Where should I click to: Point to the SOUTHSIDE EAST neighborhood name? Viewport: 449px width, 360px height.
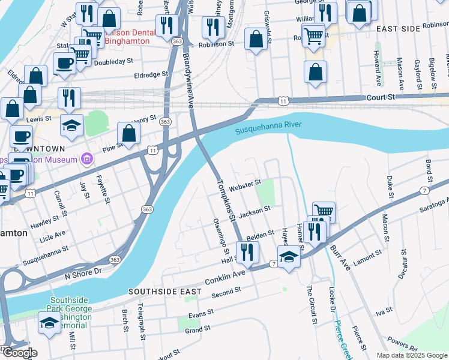[164, 292]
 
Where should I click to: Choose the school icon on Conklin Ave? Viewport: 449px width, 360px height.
[289, 257]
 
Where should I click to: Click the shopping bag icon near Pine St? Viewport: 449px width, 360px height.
[129, 134]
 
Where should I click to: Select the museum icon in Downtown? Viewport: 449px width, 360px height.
[87, 160]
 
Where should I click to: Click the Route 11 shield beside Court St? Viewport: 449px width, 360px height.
[283, 101]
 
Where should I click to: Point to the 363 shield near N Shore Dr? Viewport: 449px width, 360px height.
[115, 259]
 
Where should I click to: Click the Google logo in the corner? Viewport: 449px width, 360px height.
[19, 353]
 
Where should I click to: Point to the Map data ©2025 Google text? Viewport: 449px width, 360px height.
[412, 355]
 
